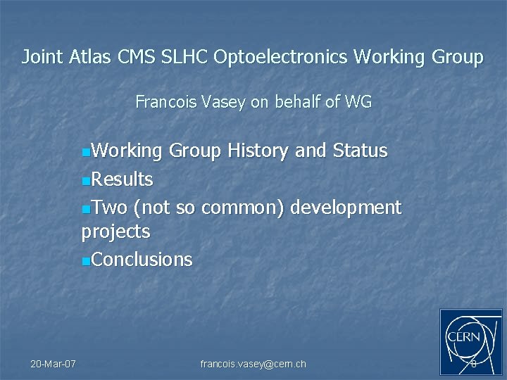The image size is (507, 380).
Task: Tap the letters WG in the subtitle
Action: click(358, 103)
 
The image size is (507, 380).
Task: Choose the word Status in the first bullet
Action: click(360, 151)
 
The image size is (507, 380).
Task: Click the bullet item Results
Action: click(122, 179)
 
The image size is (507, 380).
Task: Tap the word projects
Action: click(116, 232)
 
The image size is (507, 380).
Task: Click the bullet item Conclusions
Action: click(142, 260)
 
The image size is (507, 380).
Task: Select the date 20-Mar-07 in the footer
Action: click(54, 364)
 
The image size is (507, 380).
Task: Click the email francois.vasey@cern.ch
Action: click(254, 364)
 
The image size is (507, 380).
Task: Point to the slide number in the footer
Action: click(473, 364)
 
